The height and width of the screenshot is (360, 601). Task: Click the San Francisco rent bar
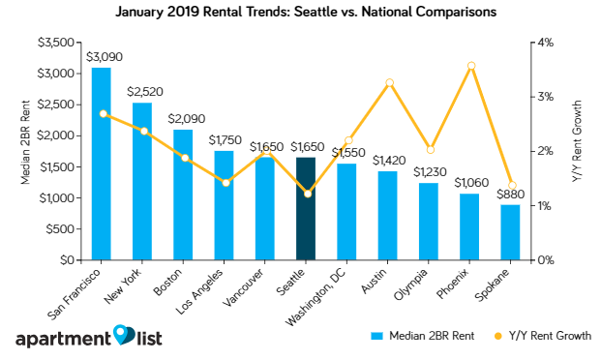pyautogui.click(x=101, y=164)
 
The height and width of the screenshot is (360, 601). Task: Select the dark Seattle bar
pyautogui.click(x=306, y=208)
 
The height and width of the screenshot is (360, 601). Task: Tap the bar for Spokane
pyautogui.click(x=510, y=232)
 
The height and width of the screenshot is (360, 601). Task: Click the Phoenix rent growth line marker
pyautogui.click(x=470, y=66)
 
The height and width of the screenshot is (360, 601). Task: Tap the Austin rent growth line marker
pyautogui.click(x=389, y=83)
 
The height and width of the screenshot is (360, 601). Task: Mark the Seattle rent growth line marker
pyautogui.click(x=307, y=194)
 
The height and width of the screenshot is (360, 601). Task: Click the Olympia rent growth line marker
pyautogui.click(x=430, y=150)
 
